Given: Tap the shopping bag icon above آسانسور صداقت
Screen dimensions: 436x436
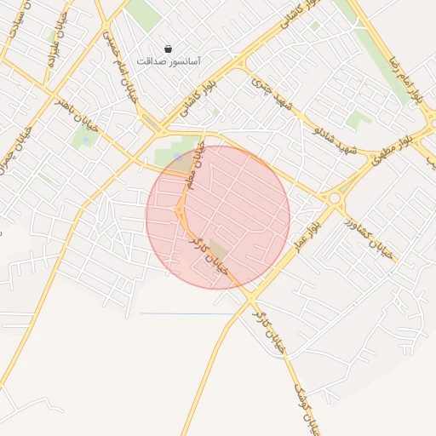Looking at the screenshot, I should pyautogui.click(x=168, y=49).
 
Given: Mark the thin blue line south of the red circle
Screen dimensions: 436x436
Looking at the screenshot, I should pyautogui.click(x=187, y=313).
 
